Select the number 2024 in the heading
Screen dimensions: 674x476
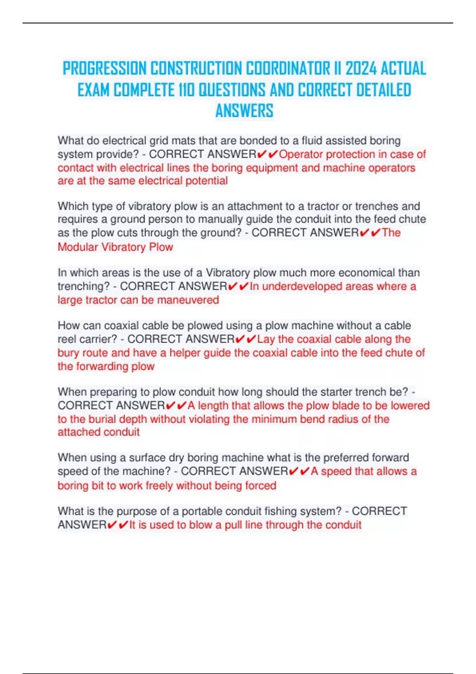pyautogui.click(x=361, y=69)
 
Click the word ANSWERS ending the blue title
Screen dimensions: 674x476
pyautogui.click(x=244, y=111)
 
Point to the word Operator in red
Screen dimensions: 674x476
pyautogui.click(x=301, y=154)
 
